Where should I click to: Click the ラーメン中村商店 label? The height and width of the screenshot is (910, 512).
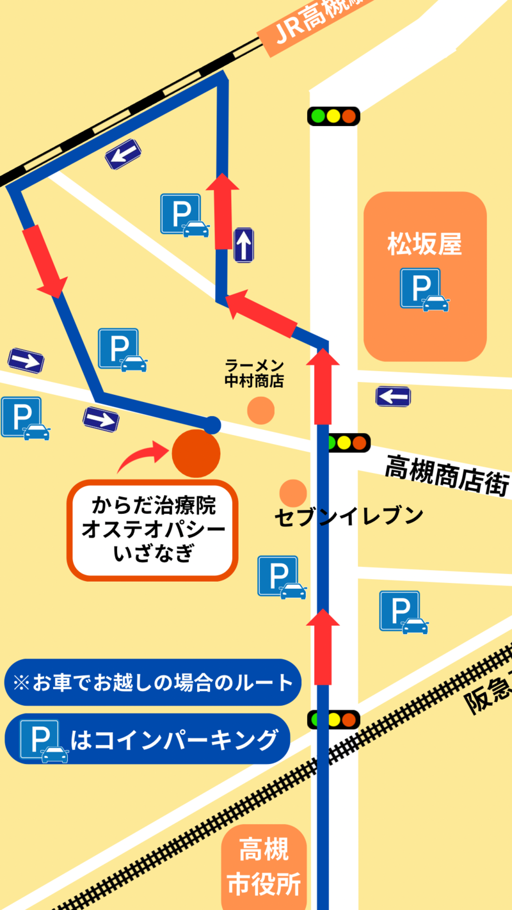(254, 373)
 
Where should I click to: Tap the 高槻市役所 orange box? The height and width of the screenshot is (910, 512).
(264, 868)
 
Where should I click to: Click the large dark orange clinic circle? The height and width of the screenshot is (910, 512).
(196, 453)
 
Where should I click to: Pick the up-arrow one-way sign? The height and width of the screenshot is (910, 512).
(244, 244)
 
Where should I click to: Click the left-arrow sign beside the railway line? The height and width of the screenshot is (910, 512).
(123, 154)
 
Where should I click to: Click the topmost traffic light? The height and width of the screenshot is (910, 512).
(333, 116)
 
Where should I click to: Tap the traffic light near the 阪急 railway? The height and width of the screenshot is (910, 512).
(333, 719)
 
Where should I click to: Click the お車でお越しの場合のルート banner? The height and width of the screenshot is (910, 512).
(152, 682)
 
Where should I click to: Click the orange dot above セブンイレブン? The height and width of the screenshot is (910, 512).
(293, 492)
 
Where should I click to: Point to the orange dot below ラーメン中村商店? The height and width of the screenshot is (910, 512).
(260, 410)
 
